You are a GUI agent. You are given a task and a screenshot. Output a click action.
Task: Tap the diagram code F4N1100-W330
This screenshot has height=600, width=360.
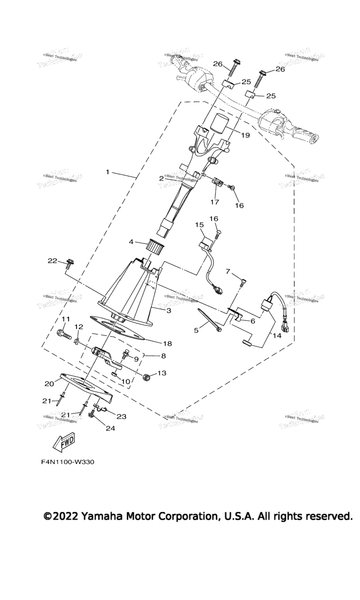67,462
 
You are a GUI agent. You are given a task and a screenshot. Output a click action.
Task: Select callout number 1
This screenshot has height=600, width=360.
107,172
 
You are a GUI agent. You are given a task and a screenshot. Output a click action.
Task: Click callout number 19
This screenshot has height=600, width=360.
245,135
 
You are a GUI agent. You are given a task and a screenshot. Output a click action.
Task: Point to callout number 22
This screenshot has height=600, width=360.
52,260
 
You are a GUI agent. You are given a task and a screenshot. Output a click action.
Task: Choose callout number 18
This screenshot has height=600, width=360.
167,344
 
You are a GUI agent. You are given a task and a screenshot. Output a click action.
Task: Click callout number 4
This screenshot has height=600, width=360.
132,242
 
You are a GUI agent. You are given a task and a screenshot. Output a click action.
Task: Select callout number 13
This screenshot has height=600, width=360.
162,374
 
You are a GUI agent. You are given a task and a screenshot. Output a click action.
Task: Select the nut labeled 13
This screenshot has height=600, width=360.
147,376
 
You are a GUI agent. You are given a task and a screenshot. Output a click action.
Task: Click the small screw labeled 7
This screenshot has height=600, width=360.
242,282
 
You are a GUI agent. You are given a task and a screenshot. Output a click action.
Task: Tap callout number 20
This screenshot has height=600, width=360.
49,383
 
